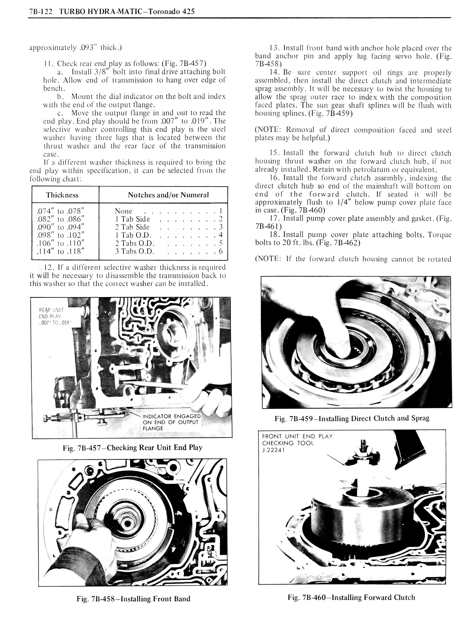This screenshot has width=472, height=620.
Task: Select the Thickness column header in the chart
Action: pos(62,195)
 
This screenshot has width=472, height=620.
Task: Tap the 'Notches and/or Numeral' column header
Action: pos(168,195)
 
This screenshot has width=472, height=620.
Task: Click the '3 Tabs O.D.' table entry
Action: pos(135,252)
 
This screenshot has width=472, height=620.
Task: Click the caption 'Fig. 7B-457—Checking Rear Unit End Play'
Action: pos(132,448)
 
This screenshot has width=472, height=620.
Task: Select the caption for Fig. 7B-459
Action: pos(352,418)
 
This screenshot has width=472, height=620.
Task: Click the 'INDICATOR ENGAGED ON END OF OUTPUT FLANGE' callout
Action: pos(171,422)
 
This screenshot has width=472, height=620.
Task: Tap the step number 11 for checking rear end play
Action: pos(47,63)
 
